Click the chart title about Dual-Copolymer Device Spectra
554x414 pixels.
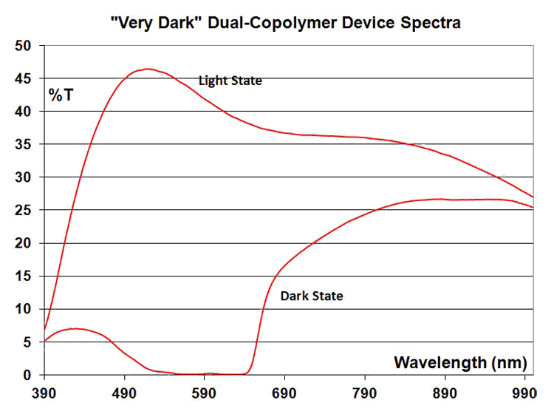pos(285,23)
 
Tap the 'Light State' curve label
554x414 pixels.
pos(230,81)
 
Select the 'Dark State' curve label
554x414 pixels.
pos(312,296)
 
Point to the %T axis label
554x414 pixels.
pos(61,95)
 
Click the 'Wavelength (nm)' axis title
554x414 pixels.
pos(460,363)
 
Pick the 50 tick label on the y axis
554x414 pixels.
pos(23,46)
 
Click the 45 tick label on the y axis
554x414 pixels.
pos(23,78)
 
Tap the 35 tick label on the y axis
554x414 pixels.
pos(23,144)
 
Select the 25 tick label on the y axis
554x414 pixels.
pos(23,211)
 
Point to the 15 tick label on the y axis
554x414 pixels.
pos(23,276)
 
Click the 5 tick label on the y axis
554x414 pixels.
pos(27,342)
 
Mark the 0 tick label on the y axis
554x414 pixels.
pos(27,375)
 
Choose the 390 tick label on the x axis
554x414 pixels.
pos(44,393)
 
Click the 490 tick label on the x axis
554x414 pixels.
pos(124,393)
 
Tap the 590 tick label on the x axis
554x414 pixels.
pos(204,393)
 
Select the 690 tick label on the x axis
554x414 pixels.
pos(284,393)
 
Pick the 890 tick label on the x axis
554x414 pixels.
pos(445,393)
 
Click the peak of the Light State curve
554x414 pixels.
pos(148,69)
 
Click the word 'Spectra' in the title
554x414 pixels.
pos(431,24)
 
